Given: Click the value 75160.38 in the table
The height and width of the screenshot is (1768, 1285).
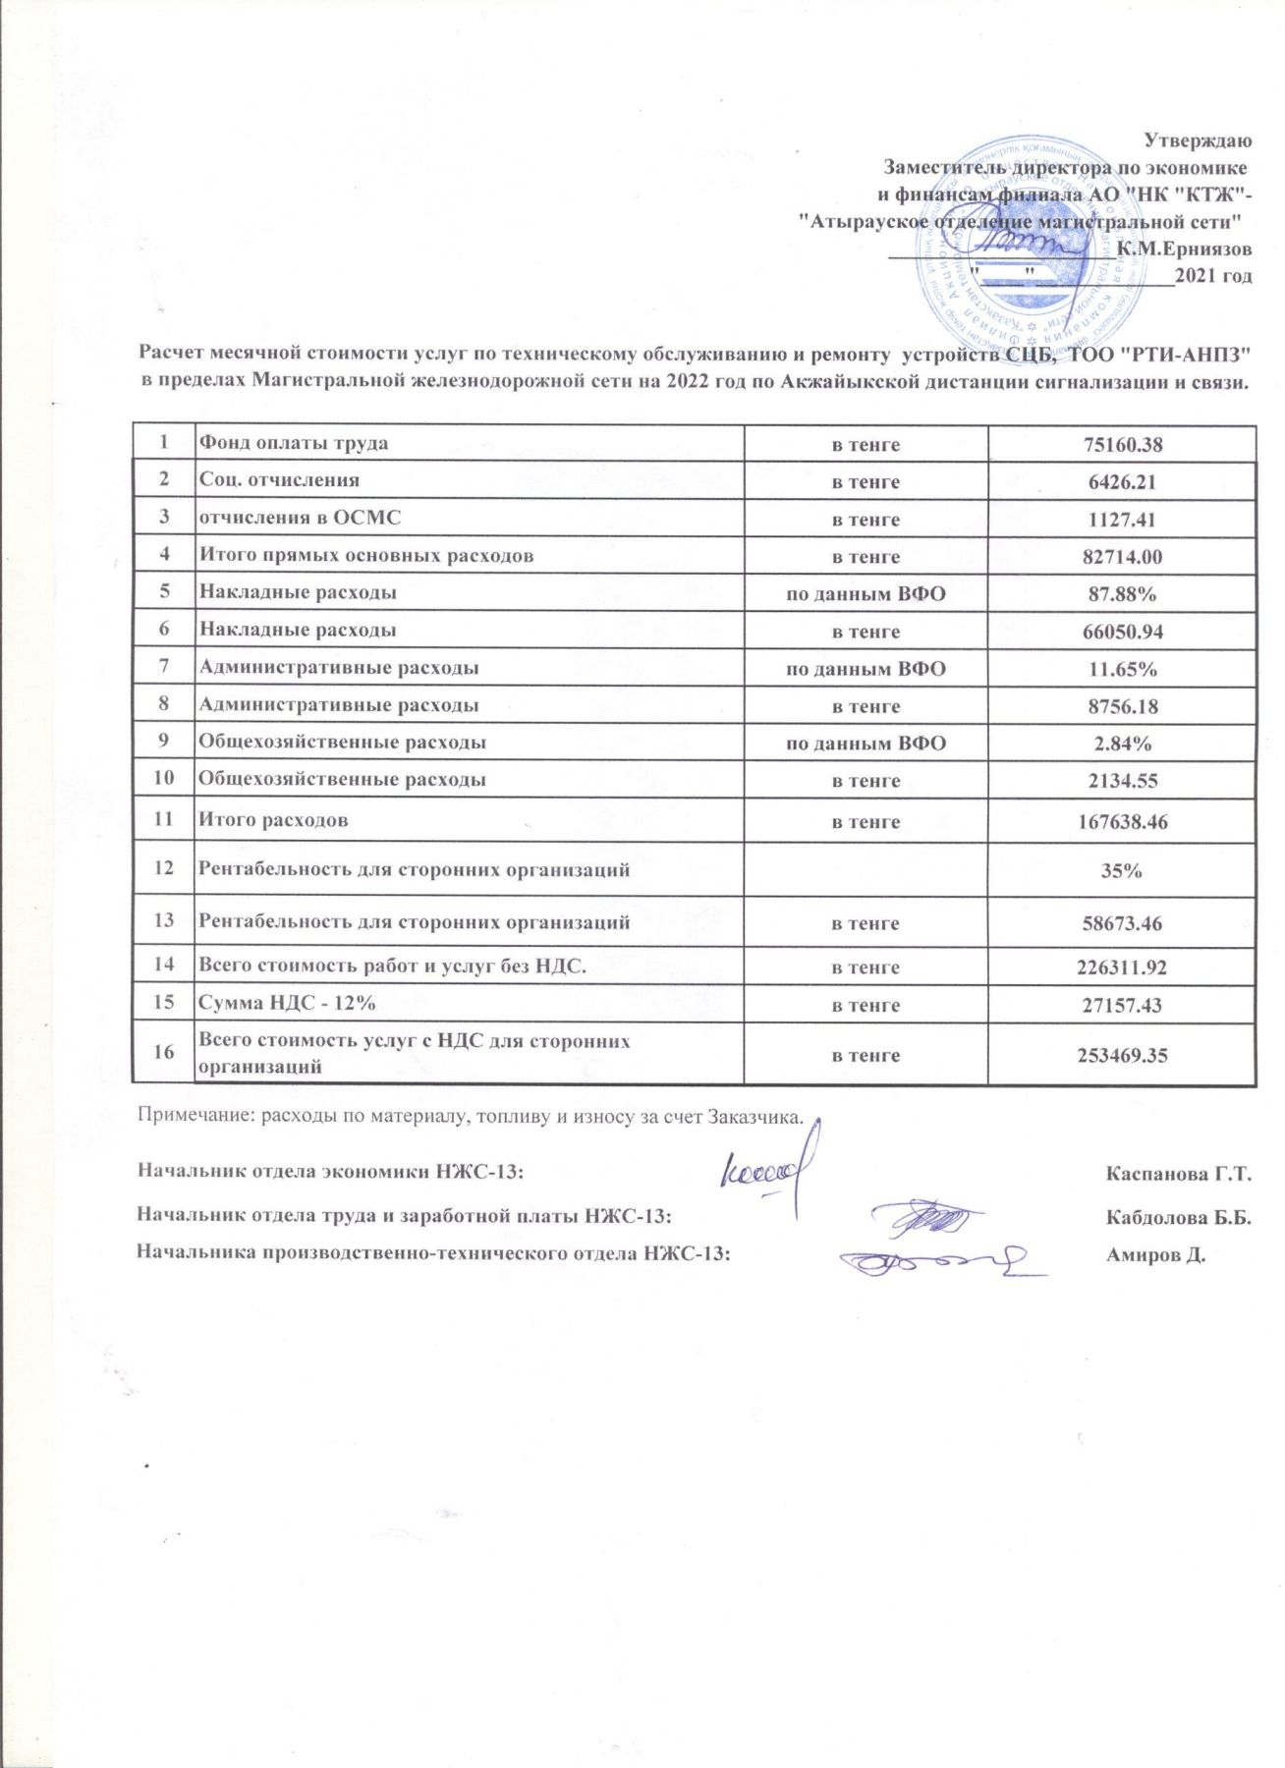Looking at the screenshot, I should pyautogui.click(x=1122, y=445).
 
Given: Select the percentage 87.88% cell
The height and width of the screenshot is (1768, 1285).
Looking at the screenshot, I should pyautogui.click(x=1122, y=594).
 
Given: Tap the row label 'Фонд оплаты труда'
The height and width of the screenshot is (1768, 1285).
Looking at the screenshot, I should pyautogui.click(x=294, y=443).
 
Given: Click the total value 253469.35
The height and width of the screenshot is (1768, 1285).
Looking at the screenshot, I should pyautogui.click(x=1122, y=1056).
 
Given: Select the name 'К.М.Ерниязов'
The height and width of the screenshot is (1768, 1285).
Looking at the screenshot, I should pyautogui.click(x=1184, y=249).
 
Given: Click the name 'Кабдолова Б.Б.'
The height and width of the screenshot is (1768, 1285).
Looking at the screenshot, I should pyautogui.click(x=1178, y=1217).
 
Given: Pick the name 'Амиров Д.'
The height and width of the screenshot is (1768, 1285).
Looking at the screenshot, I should pyautogui.click(x=1155, y=1254).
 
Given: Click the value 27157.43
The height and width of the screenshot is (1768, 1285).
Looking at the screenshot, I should pyautogui.click(x=1122, y=1006).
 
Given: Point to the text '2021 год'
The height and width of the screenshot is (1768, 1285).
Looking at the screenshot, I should pyautogui.click(x=1213, y=276).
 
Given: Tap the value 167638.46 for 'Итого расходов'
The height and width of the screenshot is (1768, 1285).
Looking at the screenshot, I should pyautogui.click(x=1122, y=822).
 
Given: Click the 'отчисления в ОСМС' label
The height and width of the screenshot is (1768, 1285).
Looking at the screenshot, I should pyautogui.click(x=301, y=518).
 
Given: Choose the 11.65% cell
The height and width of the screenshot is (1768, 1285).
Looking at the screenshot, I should pyautogui.click(x=1122, y=669).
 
